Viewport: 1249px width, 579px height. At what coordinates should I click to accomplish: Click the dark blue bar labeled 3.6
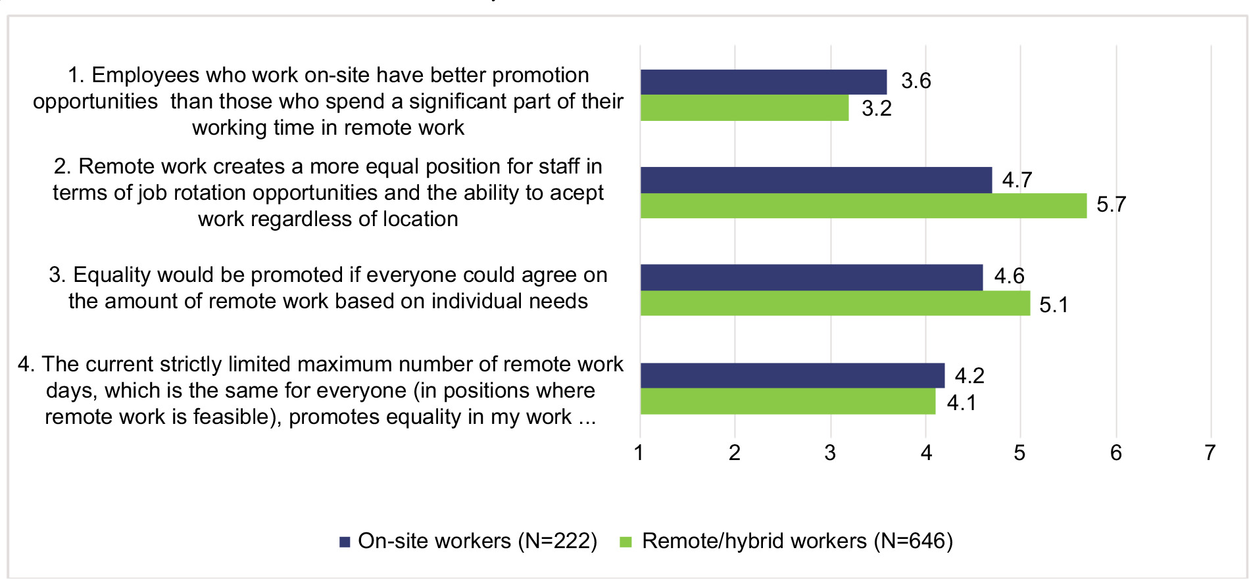(763, 82)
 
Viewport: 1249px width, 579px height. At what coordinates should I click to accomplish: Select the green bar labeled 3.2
(744, 108)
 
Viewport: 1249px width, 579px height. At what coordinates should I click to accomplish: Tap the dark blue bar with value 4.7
(816, 179)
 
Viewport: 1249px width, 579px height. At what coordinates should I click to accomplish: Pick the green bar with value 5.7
(863, 206)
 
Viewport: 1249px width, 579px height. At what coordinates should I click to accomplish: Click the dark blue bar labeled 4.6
(811, 277)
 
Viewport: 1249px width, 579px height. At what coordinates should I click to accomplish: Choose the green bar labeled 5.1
(835, 303)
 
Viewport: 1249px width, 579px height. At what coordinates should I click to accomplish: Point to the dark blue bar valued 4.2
(792, 375)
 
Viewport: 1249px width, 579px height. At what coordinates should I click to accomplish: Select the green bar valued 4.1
(787, 402)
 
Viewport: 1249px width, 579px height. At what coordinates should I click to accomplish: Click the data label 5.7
(1111, 204)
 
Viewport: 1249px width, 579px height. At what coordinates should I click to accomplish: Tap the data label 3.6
(916, 81)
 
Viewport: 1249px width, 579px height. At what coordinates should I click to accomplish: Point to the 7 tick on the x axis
(1210, 453)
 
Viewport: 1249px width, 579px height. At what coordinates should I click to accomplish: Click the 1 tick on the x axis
(639, 453)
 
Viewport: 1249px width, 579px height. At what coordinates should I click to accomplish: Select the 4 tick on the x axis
(925, 453)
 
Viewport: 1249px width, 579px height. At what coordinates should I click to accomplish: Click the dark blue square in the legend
(345, 542)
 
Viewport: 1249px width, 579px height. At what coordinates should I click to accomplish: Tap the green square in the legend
(625, 542)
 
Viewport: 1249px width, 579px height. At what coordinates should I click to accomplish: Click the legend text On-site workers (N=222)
(478, 541)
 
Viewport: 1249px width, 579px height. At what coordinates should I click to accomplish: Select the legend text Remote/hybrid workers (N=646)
(797, 541)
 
